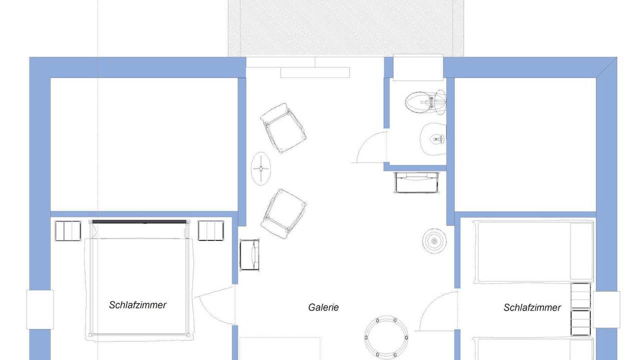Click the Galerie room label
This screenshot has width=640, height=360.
[323, 307]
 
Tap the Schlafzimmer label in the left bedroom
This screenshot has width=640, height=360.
[137, 305]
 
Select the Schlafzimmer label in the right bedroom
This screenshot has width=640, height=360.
[532, 307]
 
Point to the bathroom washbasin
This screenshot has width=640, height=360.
[433, 139]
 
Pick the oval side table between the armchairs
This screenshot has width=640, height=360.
[261, 168]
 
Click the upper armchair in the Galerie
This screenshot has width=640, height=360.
[283, 128]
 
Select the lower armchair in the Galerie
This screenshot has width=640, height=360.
[283, 213]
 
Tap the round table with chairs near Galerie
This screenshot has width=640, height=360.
[386, 337]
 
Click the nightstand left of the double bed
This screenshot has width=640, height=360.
[68, 230]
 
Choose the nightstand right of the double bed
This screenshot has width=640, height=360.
[211, 230]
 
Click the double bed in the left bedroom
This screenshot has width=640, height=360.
[139, 280]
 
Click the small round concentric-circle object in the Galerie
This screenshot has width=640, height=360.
[434, 241]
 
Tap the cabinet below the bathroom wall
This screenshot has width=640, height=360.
[417, 182]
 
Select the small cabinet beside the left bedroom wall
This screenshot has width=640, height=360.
[249, 255]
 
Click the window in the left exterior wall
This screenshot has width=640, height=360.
[40, 309]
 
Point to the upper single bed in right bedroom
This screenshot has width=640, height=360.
[533, 251]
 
